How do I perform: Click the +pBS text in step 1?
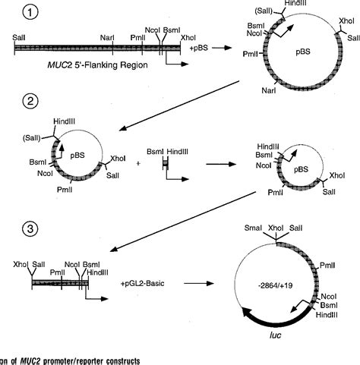coord(196,47)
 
